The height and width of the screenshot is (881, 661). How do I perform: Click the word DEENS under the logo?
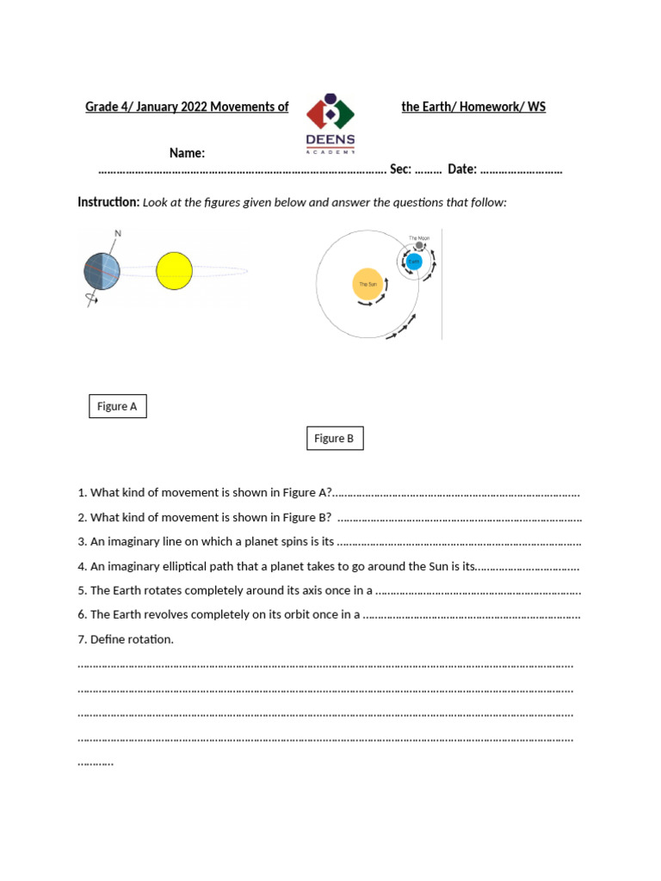330,139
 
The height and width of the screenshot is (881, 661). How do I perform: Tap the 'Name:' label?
187,153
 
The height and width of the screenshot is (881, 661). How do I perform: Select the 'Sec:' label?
400,169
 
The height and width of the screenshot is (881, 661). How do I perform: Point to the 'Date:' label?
462,169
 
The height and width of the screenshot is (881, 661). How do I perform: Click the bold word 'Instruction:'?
108,202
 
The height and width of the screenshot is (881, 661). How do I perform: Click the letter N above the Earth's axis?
118,233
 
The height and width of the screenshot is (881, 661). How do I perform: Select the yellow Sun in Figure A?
174,270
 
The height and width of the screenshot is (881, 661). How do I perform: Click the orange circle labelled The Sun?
368,284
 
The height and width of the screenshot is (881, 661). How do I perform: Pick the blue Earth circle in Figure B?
414,262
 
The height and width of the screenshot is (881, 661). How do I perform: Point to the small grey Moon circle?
419,245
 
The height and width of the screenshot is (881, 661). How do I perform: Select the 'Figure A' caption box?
118,406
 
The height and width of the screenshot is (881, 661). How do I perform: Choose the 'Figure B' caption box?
335,439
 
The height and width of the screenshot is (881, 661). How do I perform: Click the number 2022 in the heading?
191,107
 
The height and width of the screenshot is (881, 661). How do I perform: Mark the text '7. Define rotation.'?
126,639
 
